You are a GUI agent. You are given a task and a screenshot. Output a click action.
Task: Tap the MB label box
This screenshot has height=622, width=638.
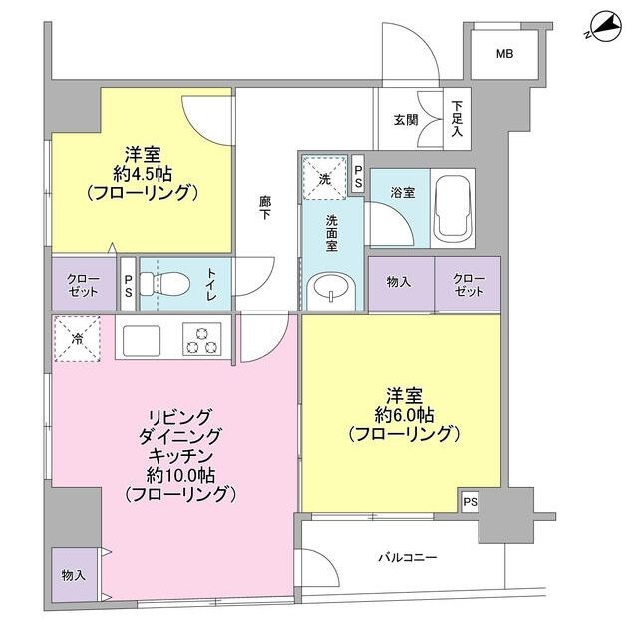pos(506,54)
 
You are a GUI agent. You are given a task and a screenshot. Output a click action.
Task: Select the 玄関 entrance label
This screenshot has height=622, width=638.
pos(405,121)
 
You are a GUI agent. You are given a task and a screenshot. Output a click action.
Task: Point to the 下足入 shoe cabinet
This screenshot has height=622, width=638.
pos(457,118)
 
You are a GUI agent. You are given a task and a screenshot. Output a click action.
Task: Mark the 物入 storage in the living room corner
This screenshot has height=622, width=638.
pos(73,575)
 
